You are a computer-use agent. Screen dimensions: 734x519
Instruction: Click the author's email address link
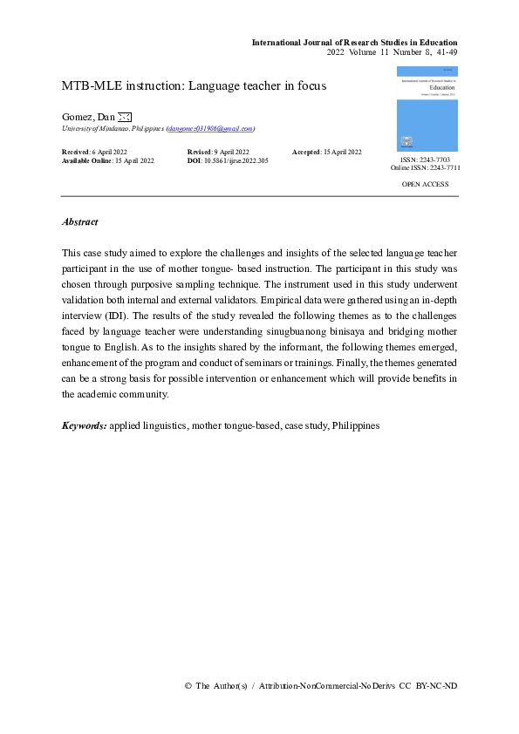[x=210, y=128]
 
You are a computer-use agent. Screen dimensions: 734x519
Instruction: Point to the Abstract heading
[x=79, y=222]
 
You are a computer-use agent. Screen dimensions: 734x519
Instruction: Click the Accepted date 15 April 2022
[x=344, y=153]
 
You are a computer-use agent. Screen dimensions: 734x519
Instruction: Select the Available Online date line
[x=107, y=161]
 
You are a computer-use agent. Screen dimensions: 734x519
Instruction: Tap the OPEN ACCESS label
[x=425, y=184]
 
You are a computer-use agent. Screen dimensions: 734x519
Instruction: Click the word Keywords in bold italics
[x=84, y=425]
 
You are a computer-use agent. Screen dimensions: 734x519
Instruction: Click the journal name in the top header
[x=354, y=42]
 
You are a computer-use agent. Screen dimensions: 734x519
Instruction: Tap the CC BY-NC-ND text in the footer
[x=437, y=686]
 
